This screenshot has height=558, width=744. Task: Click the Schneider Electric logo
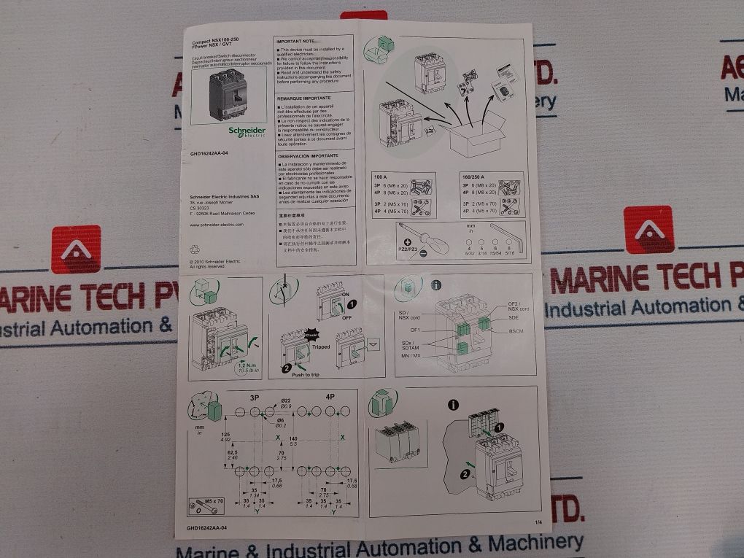[247, 131]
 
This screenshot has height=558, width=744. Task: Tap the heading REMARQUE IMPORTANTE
[304, 97]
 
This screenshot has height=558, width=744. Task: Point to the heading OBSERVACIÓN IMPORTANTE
[307, 155]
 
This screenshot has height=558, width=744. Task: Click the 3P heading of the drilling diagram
[256, 398]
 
